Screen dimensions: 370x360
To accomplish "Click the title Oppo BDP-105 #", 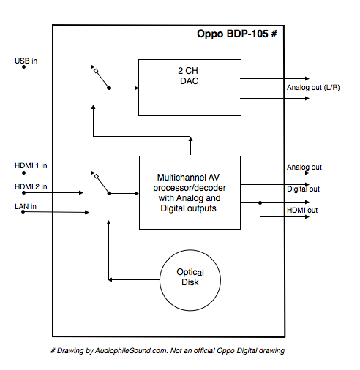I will (x=236, y=34).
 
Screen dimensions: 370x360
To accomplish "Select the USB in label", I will (x=26, y=59).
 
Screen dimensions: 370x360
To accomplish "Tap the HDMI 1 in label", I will (x=30, y=165).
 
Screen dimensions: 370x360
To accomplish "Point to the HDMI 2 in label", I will (x=30, y=186).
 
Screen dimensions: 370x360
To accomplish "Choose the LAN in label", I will (x=25, y=207).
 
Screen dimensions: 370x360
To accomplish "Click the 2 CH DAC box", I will (x=189, y=87).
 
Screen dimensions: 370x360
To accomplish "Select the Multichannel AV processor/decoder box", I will (x=190, y=192).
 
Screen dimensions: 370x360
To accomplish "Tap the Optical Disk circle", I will (x=190, y=279).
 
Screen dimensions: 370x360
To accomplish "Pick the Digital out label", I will (x=303, y=189).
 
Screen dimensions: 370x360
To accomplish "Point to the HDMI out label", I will (x=302, y=211).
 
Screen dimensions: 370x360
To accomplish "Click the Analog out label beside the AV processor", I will (x=304, y=167).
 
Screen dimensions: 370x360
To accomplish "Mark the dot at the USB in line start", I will (x=23, y=67).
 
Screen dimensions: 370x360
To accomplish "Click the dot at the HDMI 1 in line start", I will (x=23, y=173).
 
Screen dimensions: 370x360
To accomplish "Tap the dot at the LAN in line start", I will (x=23, y=214).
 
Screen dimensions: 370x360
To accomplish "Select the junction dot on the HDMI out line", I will (x=260, y=202).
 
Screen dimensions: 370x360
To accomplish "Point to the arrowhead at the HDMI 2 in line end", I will (x=81, y=194).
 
